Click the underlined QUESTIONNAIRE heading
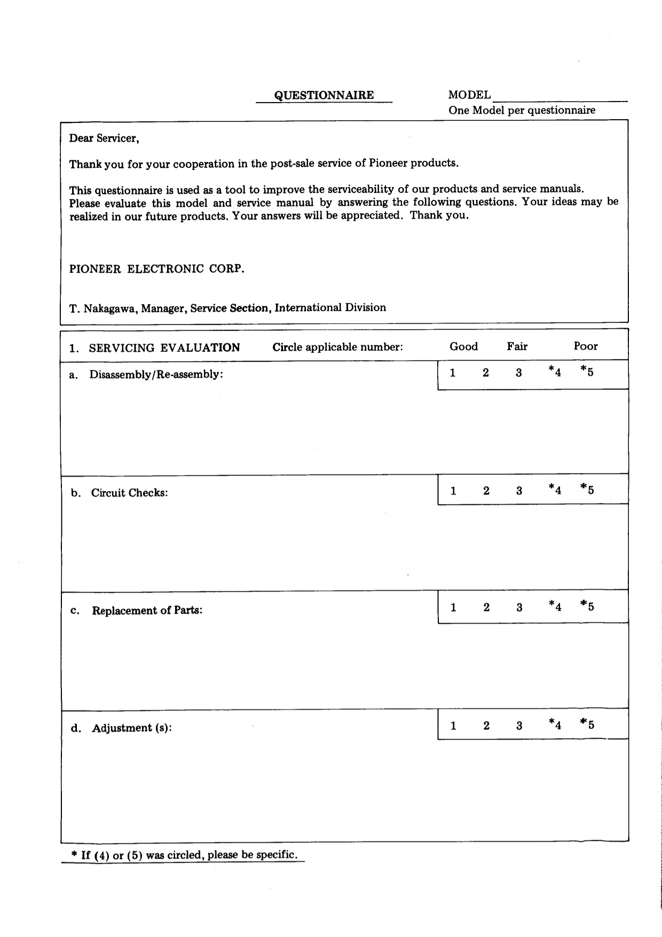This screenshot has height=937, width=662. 324,95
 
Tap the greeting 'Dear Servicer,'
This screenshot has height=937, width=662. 104,138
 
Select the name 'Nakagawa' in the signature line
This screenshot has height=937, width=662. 110,308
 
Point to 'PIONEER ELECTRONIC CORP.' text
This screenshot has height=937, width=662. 156,269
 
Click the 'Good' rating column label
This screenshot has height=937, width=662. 463,346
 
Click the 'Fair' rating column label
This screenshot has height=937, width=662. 517,346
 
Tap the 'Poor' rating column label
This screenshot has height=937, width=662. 586,346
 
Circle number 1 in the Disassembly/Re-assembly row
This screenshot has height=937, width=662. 453,373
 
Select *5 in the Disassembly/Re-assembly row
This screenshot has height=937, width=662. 587,371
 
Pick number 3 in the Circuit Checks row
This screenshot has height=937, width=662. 519,491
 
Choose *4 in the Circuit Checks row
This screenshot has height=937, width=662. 555,490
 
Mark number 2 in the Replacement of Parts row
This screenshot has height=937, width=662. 486,607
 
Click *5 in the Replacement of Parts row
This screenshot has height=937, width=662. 587,606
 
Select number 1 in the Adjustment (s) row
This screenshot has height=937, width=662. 453,726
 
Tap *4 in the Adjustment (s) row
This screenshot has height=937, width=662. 555,725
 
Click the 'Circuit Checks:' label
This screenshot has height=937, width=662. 129,493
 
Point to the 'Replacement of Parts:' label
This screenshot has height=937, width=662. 147,610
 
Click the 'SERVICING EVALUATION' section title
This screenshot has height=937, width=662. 164,348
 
